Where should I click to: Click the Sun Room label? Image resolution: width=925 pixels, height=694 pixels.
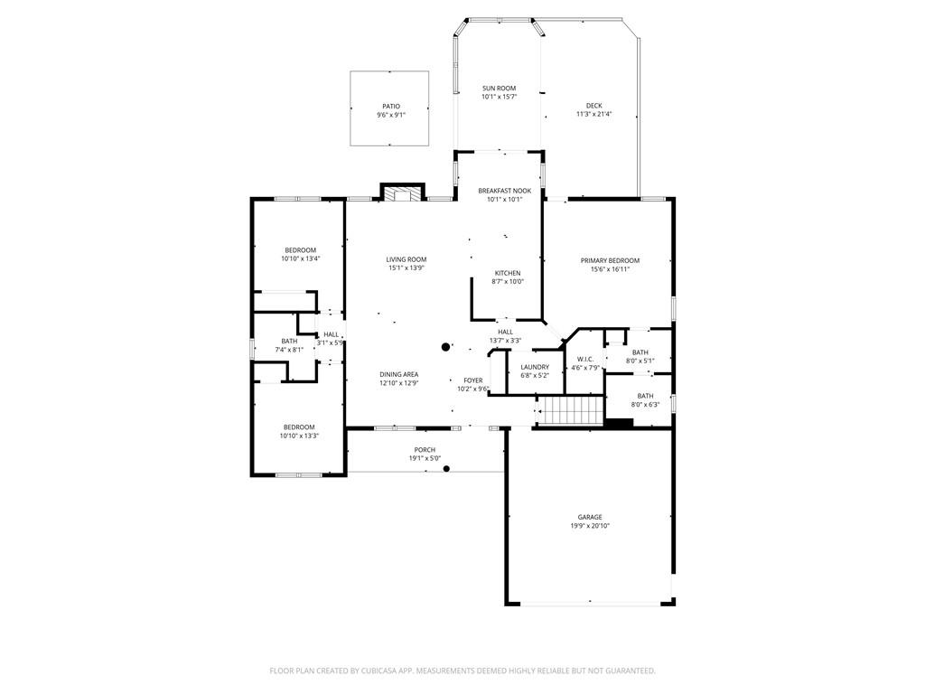pos(499,88)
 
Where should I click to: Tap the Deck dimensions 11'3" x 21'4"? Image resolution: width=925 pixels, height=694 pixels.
pos(594,114)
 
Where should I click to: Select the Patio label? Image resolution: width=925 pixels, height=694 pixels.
pos(391,107)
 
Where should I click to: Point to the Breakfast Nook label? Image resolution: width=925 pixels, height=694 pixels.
pos(504,191)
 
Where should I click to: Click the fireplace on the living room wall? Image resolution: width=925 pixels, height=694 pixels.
pos(402,193)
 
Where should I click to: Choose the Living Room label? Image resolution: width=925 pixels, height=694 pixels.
pos(406,259)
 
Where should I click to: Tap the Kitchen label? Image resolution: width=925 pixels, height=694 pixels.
pos(508,273)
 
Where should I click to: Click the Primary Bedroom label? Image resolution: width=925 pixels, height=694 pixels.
pos(610,260)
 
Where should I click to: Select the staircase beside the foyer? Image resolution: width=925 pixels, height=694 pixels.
pos(573,410)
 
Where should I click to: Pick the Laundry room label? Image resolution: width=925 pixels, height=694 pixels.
pos(535,367)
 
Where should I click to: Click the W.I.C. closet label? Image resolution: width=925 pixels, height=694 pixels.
pos(585,360)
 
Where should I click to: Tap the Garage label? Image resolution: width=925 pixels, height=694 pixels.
pos(590,517)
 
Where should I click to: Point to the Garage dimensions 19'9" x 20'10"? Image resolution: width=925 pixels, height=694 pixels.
pos(590,526)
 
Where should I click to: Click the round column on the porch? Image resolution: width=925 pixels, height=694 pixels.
pos(446,469)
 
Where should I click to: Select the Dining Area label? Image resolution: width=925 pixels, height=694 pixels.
pos(398,374)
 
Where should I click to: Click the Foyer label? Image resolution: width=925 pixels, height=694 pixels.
pos(473,380)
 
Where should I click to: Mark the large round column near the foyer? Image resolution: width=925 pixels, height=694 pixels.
pos(446,347)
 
